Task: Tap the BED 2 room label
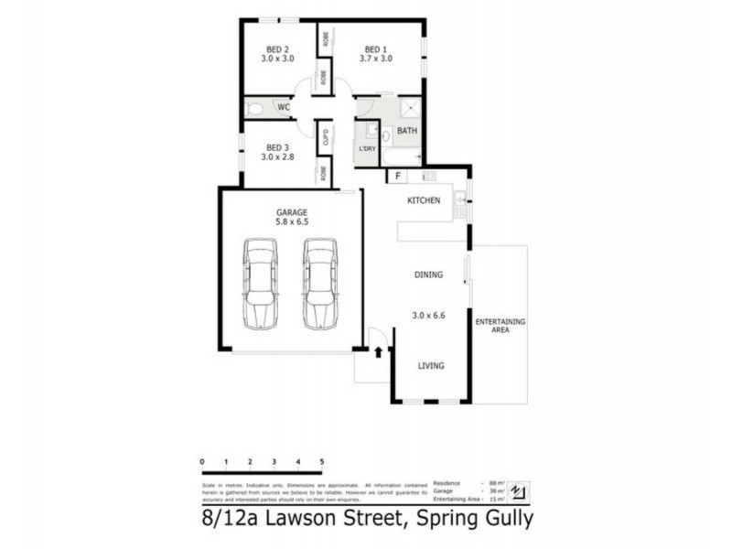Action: (278, 49)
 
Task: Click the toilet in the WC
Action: (255, 108)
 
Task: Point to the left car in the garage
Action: (260, 283)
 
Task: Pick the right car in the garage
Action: (319, 283)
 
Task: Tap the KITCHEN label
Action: (424, 199)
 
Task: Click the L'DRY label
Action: (367, 149)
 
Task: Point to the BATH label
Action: (407, 132)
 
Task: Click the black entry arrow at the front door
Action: (377, 350)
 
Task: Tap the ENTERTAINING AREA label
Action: (500, 326)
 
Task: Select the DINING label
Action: (428, 274)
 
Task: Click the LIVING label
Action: (431, 366)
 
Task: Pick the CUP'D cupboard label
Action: (325, 139)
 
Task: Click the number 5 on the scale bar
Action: (321, 459)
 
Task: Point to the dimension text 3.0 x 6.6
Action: (428, 316)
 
